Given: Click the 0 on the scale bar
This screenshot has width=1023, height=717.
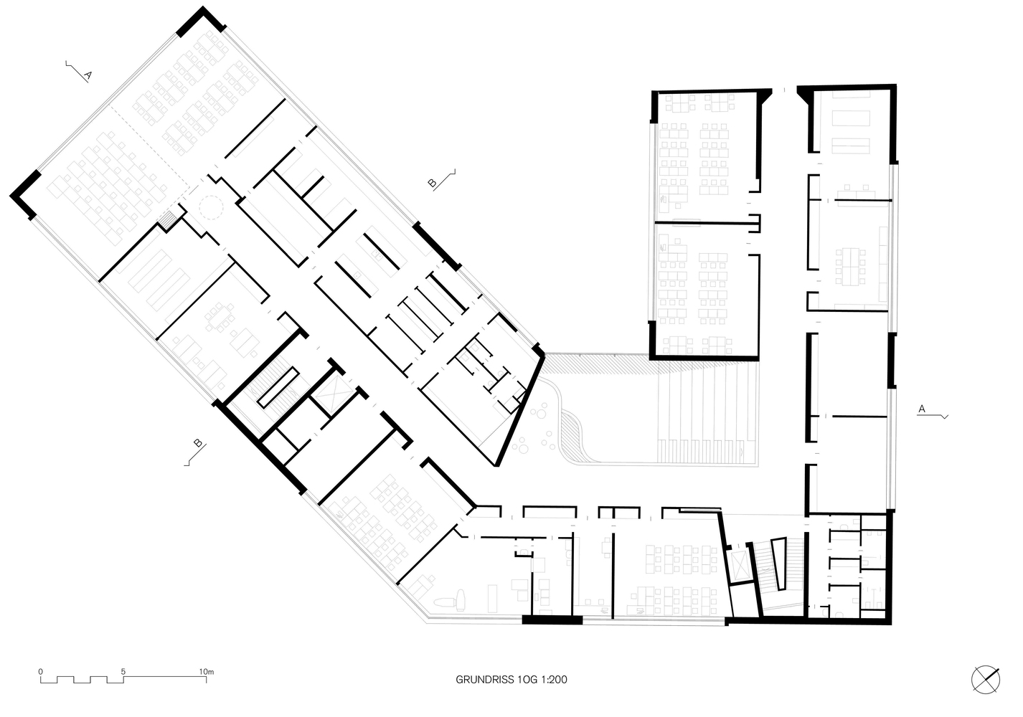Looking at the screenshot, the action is [41, 671].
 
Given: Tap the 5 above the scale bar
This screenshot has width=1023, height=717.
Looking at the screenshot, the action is [123, 671].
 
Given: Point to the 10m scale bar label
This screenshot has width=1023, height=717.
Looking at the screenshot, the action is [207, 671].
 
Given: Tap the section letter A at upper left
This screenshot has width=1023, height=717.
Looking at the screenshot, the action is [88, 75].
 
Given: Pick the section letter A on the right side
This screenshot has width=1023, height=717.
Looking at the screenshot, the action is [922, 409].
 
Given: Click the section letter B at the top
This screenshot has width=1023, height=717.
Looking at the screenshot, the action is [432, 183].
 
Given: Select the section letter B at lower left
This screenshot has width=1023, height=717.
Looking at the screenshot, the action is [198, 442].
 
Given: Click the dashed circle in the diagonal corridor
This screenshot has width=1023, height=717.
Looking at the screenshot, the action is [212, 208].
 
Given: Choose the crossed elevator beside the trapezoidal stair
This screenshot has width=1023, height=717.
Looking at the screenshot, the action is [739, 565].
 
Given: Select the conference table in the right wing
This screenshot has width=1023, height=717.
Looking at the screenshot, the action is [850, 267].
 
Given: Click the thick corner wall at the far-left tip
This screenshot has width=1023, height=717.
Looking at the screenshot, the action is [26, 194].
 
